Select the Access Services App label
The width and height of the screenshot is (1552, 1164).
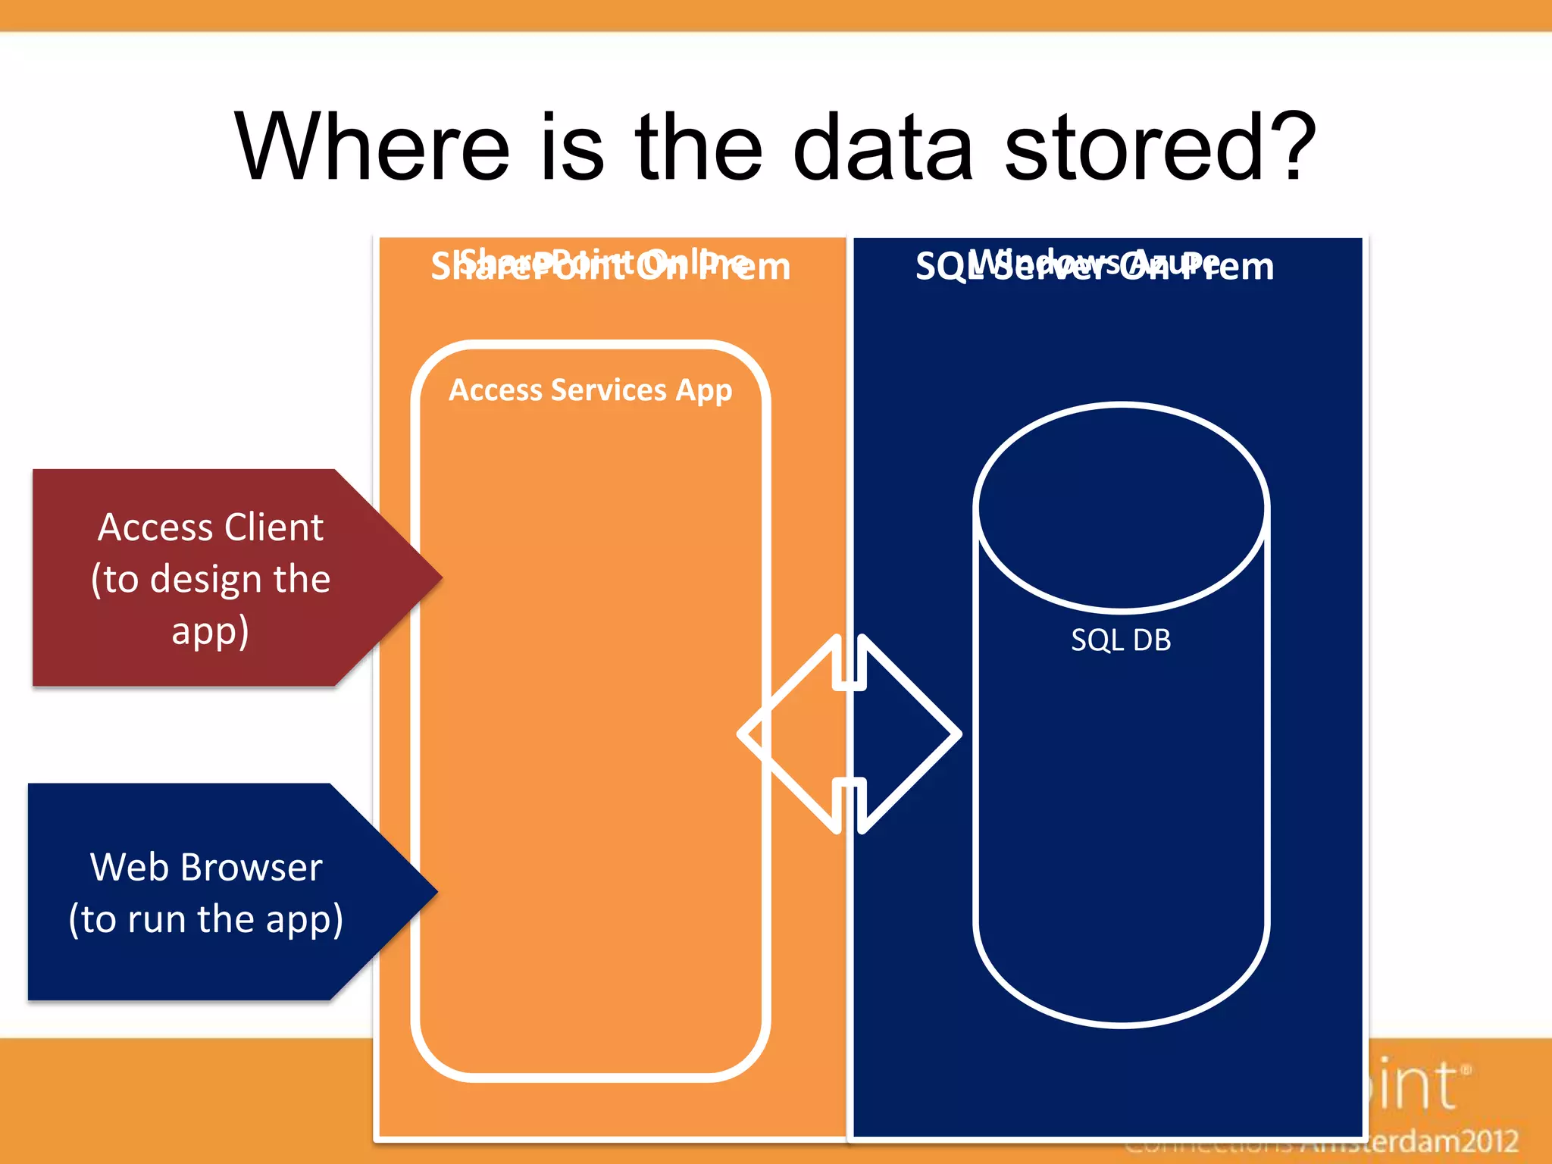click(x=590, y=390)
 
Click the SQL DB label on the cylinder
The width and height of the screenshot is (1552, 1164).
click(x=1121, y=640)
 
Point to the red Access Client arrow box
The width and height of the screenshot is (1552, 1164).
click(x=212, y=578)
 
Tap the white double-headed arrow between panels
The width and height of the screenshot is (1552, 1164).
click(x=850, y=734)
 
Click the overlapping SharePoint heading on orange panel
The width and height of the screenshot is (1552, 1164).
click(x=610, y=265)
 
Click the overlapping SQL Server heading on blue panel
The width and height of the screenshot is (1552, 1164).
click(x=1094, y=265)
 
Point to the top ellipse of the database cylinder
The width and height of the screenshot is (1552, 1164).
click(x=1121, y=508)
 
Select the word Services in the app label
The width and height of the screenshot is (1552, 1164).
click(x=609, y=390)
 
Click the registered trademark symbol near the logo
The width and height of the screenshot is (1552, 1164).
click(x=1466, y=1071)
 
